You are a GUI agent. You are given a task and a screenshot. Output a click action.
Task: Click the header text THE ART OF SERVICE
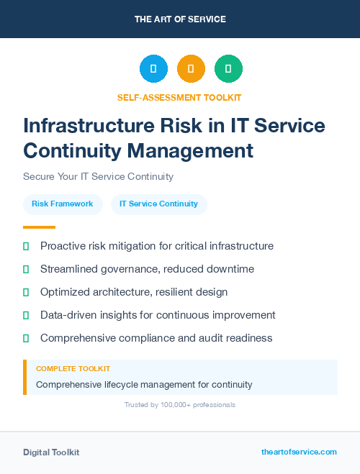point(180,19)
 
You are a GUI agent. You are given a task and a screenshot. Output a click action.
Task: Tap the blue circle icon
point(153,69)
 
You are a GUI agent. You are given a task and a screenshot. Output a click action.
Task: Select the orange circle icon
point(191,69)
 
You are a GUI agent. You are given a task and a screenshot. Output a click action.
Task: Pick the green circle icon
point(228,69)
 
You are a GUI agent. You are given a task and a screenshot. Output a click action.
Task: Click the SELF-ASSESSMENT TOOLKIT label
point(179,97)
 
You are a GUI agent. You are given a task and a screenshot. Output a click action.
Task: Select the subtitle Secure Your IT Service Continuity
point(98,176)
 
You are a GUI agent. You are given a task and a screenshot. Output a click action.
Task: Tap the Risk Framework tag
point(63,204)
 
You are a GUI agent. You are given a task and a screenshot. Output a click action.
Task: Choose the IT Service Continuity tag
point(158,204)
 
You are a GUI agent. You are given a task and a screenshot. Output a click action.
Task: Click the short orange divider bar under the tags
point(39,227)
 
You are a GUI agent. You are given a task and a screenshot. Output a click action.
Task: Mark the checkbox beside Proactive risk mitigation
point(26,246)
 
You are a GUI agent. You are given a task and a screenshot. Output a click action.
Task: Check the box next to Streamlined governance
point(26,269)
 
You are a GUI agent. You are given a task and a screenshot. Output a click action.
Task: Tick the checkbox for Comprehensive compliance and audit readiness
point(26,338)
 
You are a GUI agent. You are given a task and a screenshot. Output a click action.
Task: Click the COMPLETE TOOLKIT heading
point(73,369)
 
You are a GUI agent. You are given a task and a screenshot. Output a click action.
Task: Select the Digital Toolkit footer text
point(51,452)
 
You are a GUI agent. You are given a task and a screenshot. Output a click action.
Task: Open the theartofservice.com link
point(299,452)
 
